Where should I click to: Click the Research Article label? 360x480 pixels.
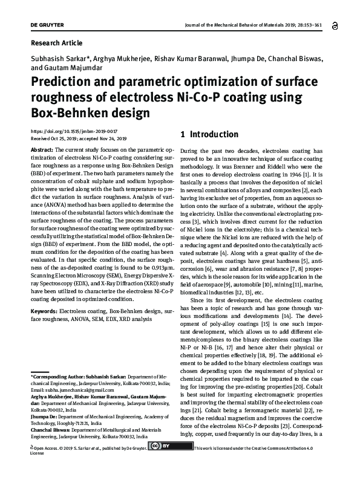click(x=56, y=43)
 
